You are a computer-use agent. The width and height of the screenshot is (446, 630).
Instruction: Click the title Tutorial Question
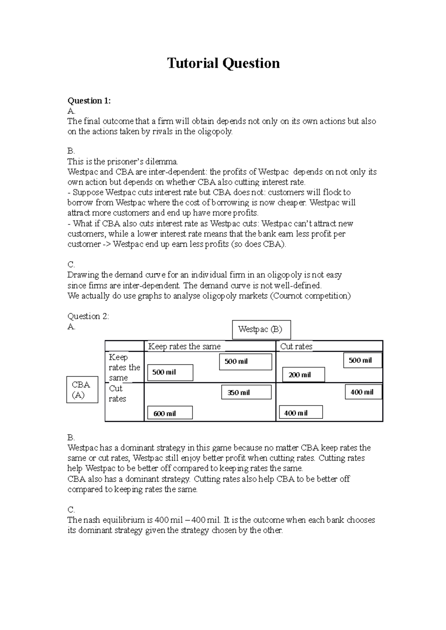click(x=223, y=63)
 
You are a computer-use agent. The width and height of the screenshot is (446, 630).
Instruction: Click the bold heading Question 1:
click(x=89, y=101)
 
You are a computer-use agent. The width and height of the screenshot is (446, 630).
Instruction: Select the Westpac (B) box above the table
click(x=261, y=329)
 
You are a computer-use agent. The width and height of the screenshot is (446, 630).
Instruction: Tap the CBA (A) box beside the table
click(x=82, y=390)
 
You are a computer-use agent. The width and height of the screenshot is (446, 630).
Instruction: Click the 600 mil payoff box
click(x=170, y=413)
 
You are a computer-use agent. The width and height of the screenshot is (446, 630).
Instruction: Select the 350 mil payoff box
click(x=246, y=392)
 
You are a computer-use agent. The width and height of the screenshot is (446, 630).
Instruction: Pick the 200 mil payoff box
click(x=303, y=375)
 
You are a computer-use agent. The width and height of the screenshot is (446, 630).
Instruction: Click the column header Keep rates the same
click(x=184, y=347)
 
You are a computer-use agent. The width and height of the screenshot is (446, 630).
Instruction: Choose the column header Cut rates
click(x=296, y=347)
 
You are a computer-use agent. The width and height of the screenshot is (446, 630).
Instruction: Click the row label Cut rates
click(x=117, y=394)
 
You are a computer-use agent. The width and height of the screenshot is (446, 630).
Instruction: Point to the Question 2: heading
click(x=88, y=316)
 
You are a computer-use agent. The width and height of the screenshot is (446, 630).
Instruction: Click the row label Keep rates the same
click(x=124, y=367)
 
